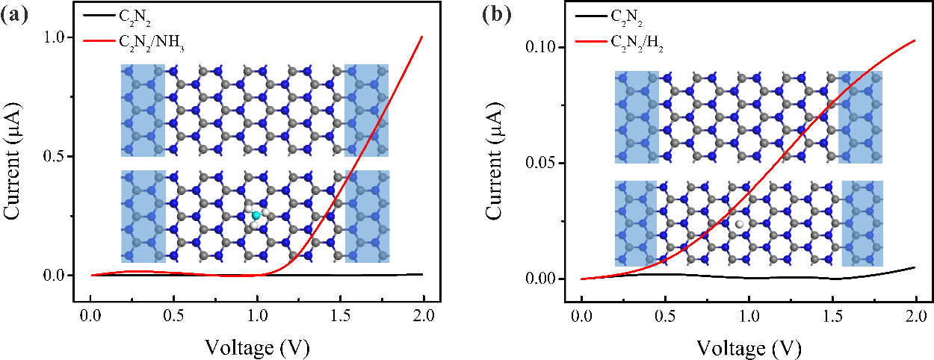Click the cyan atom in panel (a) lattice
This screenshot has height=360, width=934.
(x=256, y=215)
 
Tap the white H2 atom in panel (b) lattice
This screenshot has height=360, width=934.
(x=740, y=224)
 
